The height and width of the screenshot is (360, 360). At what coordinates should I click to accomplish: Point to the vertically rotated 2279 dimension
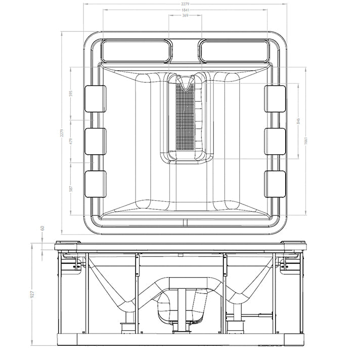tap(62, 133)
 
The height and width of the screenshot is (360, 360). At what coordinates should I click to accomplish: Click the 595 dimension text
tap(71, 94)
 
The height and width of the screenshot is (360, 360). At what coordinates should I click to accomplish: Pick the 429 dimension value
tap(71, 141)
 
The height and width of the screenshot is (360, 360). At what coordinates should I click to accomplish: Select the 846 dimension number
tap(298, 121)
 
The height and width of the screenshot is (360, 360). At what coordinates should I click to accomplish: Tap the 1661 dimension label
tap(306, 141)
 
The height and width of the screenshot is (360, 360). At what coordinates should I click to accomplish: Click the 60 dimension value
tap(42, 229)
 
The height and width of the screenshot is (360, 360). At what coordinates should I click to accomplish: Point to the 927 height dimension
tap(32, 294)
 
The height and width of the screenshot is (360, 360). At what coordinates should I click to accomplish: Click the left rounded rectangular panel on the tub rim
tap(136, 51)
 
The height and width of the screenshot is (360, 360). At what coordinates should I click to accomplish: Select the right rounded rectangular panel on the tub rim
tap(234, 51)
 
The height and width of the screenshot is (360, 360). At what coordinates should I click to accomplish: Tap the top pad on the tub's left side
tap(95, 99)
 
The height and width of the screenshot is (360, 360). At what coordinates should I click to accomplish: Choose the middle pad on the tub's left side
tap(95, 141)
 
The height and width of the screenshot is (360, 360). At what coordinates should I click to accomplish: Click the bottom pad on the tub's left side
tap(95, 184)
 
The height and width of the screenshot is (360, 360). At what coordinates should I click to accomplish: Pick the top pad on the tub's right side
tap(275, 99)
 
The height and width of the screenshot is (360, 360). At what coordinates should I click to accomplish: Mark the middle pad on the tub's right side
tap(275, 141)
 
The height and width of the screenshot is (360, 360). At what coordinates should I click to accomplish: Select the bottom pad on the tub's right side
tap(275, 184)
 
